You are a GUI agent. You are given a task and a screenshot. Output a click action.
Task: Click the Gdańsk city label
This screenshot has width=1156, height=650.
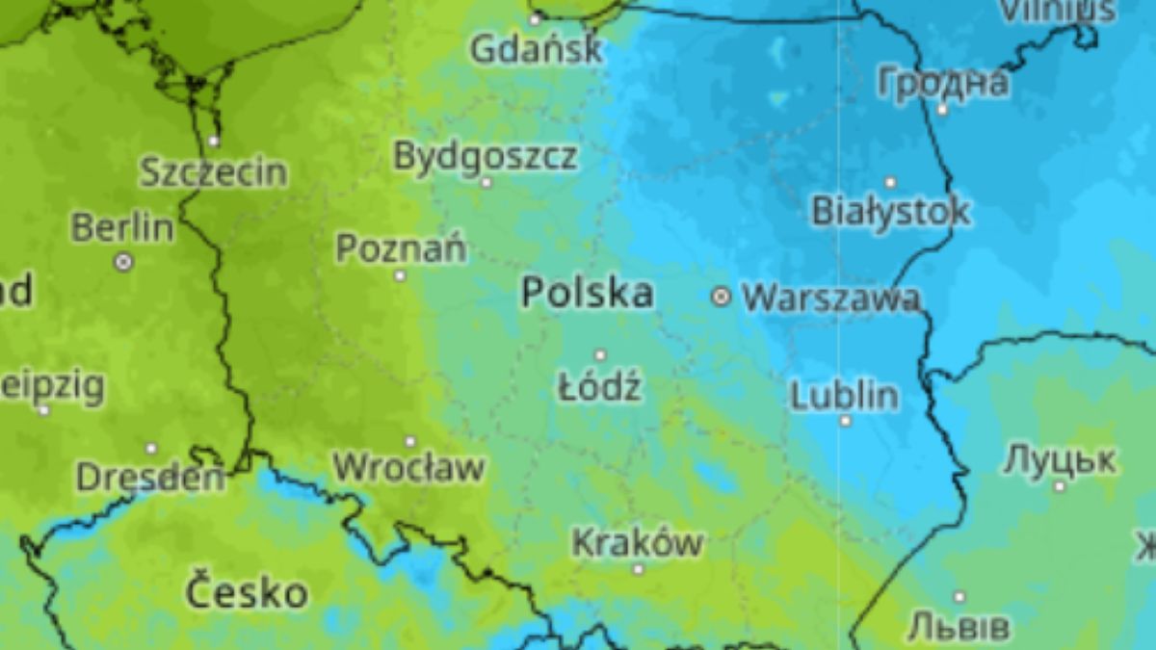click(x=537, y=49)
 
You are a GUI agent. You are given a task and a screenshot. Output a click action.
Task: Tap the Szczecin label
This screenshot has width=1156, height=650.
click(x=213, y=172)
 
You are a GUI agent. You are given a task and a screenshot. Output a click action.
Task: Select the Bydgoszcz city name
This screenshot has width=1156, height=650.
click(x=486, y=155)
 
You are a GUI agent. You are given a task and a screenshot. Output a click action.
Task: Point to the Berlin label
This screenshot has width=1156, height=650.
click(x=122, y=228)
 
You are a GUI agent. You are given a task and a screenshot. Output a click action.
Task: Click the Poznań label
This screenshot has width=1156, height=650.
click(x=401, y=248)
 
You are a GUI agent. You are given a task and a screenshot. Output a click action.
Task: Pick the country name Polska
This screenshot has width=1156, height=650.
click(x=587, y=293)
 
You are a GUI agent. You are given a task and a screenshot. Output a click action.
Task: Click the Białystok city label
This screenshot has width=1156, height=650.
click(x=891, y=211)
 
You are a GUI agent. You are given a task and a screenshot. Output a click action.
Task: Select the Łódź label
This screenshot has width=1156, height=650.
click(x=599, y=387)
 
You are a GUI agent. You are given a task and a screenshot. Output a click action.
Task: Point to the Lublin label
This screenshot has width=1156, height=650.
click(x=845, y=395)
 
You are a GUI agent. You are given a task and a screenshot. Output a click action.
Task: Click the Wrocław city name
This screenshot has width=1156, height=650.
click(x=408, y=468)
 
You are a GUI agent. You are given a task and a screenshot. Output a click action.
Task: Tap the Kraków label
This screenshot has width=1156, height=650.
click(x=637, y=542)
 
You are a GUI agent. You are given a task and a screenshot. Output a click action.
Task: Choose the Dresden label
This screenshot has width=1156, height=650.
click(x=150, y=476)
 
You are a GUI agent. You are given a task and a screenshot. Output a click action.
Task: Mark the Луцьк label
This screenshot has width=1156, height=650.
click(x=1060, y=459)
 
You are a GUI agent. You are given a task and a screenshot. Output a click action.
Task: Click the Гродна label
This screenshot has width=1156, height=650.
click(x=942, y=83)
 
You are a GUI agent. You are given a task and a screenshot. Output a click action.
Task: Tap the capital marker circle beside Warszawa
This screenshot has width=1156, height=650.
click(x=721, y=298)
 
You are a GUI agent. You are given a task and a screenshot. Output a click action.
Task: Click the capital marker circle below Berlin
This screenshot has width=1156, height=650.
click(x=123, y=261)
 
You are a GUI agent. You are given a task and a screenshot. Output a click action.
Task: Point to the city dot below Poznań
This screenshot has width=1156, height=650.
click(x=401, y=275)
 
